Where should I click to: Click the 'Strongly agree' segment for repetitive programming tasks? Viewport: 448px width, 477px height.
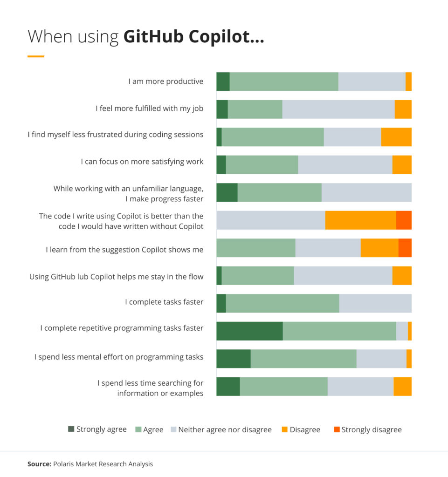tap(249, 331)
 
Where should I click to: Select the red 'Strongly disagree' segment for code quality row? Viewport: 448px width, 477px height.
tap(404, 220)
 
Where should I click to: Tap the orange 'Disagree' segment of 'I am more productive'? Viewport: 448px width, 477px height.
tap(408, 82)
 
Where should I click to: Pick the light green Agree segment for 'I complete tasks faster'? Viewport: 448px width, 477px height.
tap(283, 303)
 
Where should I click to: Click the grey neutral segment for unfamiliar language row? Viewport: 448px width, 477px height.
tap(366, 192)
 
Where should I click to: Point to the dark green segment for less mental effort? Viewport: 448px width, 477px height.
tap(234, 359)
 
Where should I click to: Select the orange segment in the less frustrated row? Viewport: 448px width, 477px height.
tap(396, 137)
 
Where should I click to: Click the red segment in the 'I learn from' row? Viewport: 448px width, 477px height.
tap(405, 248)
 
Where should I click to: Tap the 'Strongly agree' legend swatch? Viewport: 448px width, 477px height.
tap(71, 429)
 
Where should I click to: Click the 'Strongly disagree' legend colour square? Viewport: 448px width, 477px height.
tap(337, 429)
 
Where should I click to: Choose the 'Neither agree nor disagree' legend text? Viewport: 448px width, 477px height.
tap(225, 429)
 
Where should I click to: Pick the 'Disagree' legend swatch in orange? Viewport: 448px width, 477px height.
tap(284, 429)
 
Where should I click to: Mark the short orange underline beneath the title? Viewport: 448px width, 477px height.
tap(36, 56)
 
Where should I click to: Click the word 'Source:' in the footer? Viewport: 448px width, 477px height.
tap(39, 464)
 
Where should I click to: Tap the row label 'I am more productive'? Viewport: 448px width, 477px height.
tap(166, 82)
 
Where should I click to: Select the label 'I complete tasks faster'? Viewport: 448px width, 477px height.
tap(164, 302)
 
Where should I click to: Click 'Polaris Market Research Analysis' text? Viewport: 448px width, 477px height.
tap(103, 464)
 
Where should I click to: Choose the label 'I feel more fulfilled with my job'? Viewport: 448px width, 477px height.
tap(150, 109)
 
